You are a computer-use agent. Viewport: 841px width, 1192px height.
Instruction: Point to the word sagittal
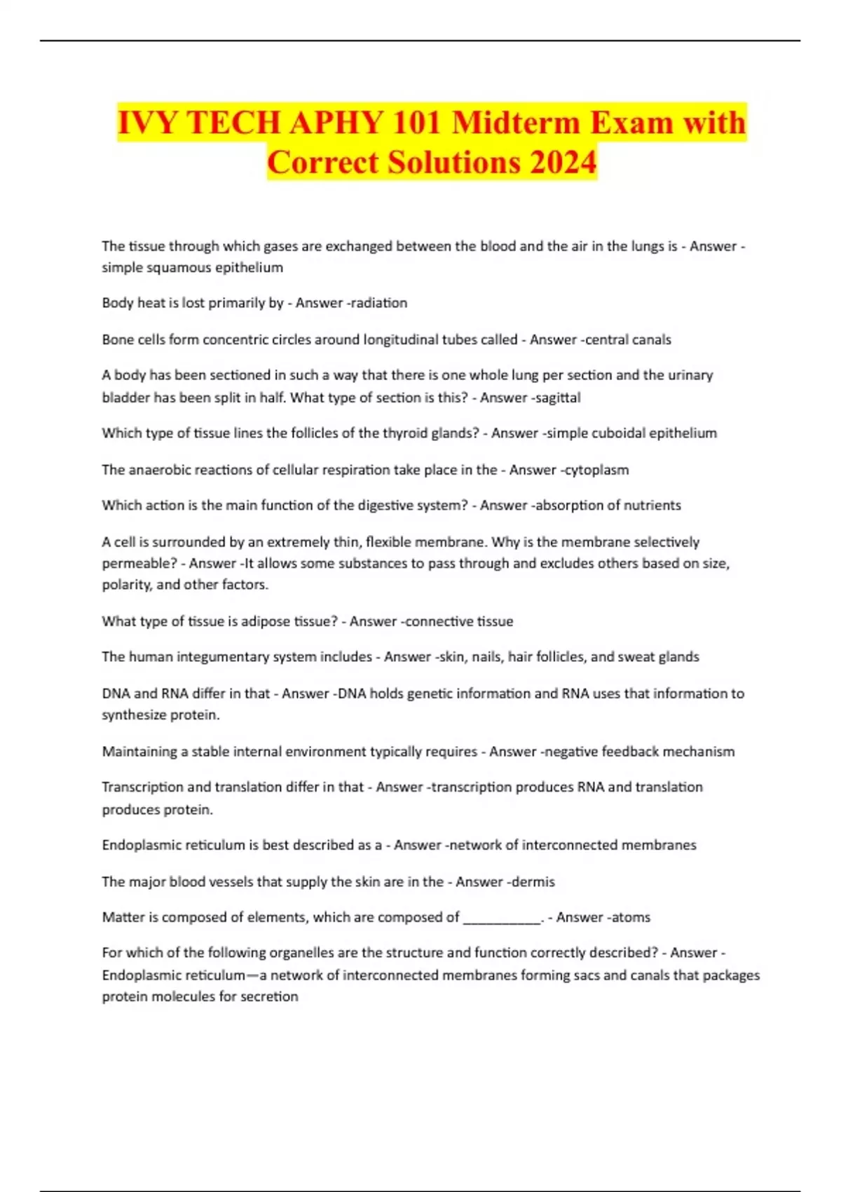[558, 398]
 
